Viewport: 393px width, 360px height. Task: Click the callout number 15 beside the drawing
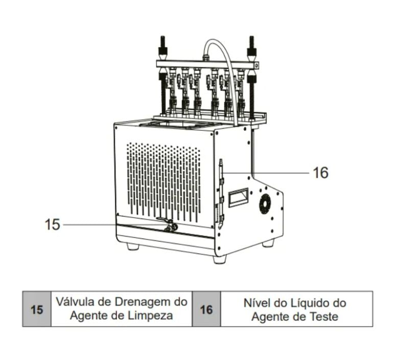click(52, 224)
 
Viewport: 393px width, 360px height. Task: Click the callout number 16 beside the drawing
click(320, 173)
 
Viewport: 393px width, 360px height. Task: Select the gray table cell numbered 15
click(37, 309)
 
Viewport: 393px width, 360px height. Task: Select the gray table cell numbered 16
click(206, 309)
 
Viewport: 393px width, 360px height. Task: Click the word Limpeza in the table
click(151, 316)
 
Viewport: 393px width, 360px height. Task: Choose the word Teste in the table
click(324, 316)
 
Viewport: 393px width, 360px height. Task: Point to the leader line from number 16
click(271, 173)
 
